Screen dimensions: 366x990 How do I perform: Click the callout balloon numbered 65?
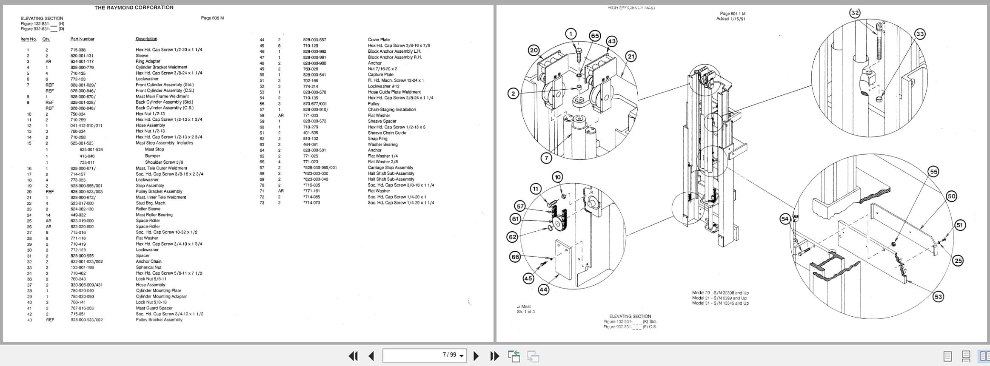pyautogui.click(x=595, y=36)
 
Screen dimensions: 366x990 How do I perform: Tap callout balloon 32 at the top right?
pyautogui.click(x=855, y=13)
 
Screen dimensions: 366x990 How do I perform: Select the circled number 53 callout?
pyautogui.click(x=938, y=296)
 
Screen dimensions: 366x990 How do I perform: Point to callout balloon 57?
pyautogui.click(x=520, y=206)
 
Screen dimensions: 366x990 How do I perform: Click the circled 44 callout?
pyautogui.click(x=543, y=289)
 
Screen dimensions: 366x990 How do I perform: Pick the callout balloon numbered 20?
pyautogui.click(x=534, y=50)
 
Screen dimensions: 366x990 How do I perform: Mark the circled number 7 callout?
pyautogui.click(x=546, y=158)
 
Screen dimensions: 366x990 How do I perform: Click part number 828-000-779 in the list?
pyautogui.click(x=82, y=67)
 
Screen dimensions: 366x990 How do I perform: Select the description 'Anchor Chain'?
pyautogui.click(x=148, y=261)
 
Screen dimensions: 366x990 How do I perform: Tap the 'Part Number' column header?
pyautogui.click(x=82, y=39)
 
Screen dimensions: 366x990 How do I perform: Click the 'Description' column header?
pyautogui.click(x=146, y=39)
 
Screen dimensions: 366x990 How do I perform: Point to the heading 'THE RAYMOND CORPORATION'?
pyautogui.click(x=134, y=8)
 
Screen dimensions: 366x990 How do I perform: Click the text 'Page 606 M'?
pyautogui.click(x=212, y=18)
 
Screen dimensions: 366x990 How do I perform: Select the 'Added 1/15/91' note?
pyautogui.click(x=730, y=19)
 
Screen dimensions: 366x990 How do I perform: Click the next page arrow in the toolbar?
pyautogui.click(x=476, y=356)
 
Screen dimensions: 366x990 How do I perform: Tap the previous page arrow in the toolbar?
pyautogui.click(x=371, y=356)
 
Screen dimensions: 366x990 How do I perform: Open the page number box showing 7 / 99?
pyautogui.click(x=424, y=355)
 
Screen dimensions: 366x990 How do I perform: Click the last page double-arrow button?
pyautogui.click(x=494, y=356)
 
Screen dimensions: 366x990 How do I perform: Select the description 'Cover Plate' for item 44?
pyautogui.click(x=379, y=40)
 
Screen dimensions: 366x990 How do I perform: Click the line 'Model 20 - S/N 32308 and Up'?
pyautogui.click(x=720, y=293)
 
